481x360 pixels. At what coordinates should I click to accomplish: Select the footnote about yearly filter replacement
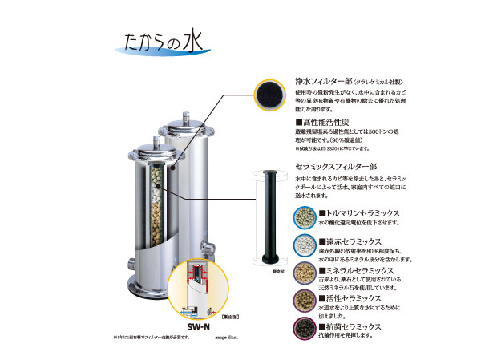point(137,338)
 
